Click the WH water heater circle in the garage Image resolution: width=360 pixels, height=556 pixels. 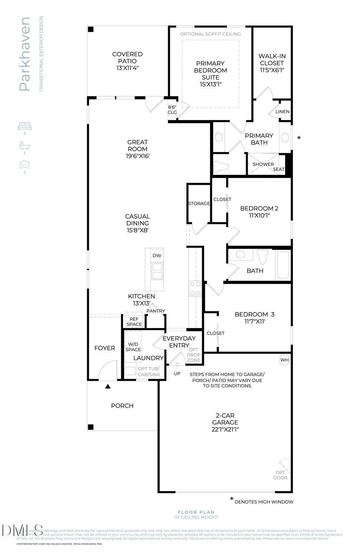(284, 360)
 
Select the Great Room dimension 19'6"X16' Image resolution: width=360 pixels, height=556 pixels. (138, 156)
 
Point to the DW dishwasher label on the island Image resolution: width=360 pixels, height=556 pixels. (157, 256)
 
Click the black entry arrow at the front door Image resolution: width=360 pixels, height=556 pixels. (108, 386)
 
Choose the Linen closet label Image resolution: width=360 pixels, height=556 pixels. (283, 112)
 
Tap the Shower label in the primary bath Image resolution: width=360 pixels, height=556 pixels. (263, 164)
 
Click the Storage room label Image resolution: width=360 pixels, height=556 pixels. (199, 203)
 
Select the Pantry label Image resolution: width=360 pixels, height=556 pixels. (156, 311)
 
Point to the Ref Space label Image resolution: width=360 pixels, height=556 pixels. (134, 321)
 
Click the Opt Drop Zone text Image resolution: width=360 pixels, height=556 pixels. (194, 355)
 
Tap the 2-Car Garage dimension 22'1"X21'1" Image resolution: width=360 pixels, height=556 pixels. (225, 430)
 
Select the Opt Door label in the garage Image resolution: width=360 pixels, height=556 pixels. (280, 475)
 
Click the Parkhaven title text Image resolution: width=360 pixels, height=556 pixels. (24, 54)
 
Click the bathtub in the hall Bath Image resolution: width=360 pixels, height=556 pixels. (283, 265)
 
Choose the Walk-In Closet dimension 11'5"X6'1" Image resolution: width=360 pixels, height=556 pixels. (272, 70)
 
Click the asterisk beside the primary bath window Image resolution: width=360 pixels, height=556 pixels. (299, 138)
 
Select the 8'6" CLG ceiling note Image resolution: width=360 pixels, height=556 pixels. (172, 110)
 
